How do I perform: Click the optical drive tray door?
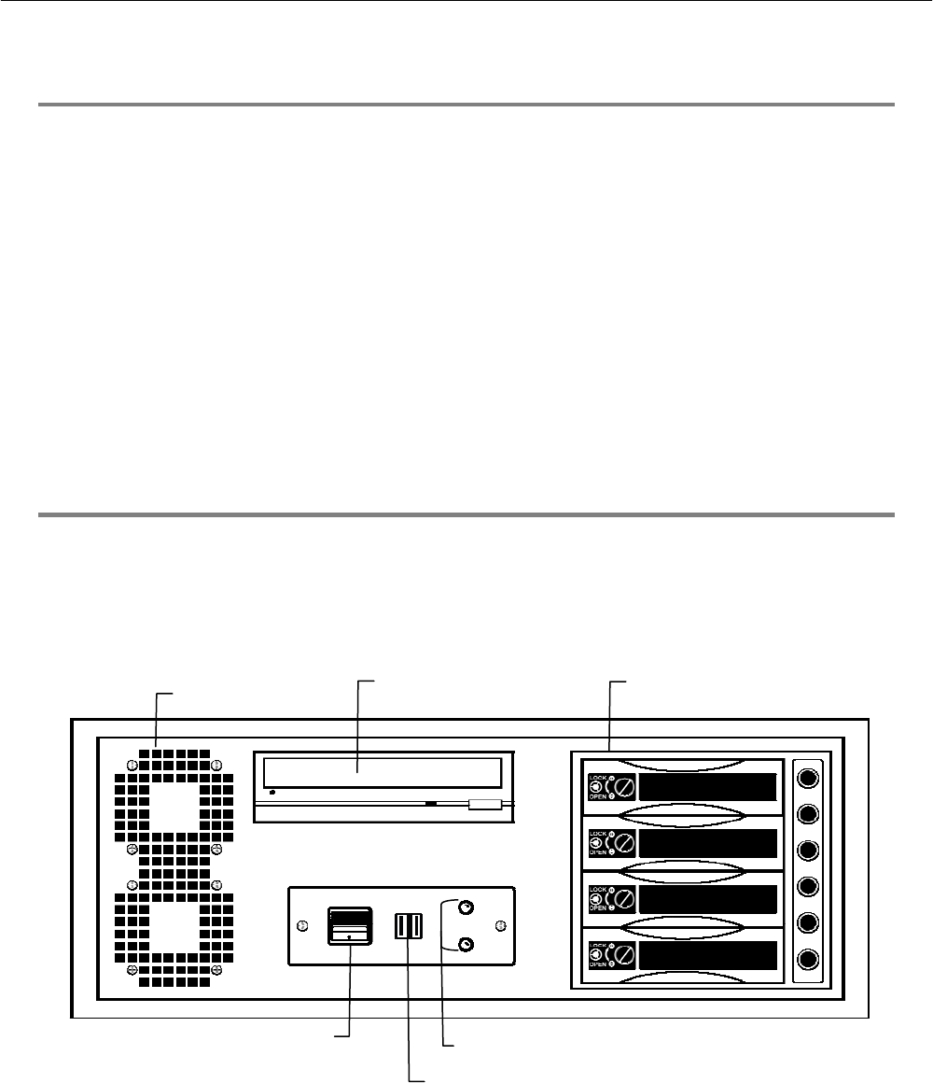[x=383, y=772]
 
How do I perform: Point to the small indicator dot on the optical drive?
[x=271, y=792]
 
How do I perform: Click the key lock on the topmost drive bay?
[x=624, y=787]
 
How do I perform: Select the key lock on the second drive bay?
[x=624, y=843]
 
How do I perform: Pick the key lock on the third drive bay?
[x=624, y=899]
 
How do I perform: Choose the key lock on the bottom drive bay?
[x=624, y=955]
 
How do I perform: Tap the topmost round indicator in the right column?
[x=809, y=777]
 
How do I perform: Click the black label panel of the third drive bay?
[x=709, y=899]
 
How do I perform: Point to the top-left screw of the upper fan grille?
[x=132, y=766]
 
